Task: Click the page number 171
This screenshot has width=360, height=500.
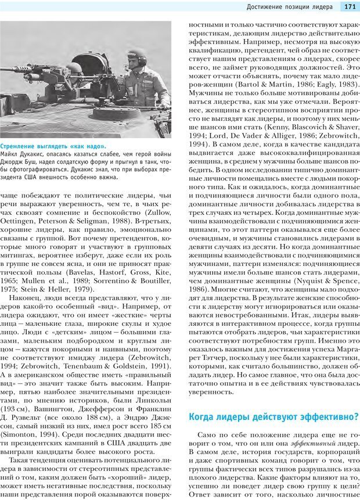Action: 349,7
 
